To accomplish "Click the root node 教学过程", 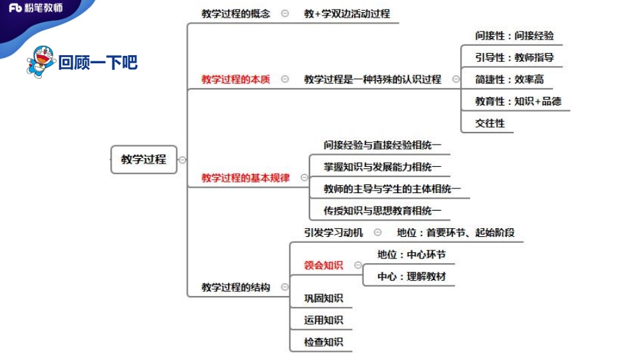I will point(143,159).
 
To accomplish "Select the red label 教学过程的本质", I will point(235,79).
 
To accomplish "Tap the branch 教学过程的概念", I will point(235,13).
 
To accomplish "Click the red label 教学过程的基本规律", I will point(246,178).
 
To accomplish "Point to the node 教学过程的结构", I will point(235,287).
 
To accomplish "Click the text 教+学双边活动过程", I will point(346,13).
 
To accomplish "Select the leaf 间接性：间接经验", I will point(514,36).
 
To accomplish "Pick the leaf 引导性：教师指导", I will point(514,58).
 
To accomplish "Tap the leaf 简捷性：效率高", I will point(509,79).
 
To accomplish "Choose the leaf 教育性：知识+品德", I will point(518,102).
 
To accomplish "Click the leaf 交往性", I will point(490,123).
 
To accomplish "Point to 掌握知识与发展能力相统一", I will point(382,167).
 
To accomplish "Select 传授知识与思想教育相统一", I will point(382,211).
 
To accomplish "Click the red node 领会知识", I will point(324,265).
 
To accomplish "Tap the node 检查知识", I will point(324,342).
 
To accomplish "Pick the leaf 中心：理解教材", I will point(411,276).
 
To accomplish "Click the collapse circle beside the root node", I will point(182,160).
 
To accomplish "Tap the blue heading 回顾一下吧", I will point(98,63).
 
